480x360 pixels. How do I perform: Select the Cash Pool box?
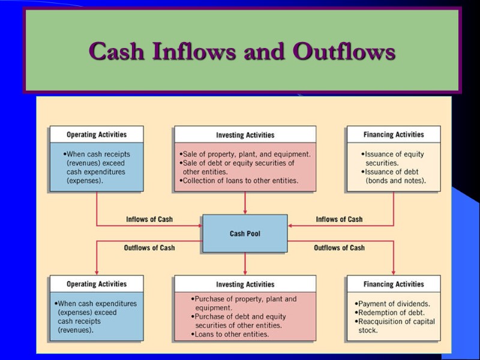(x=245, y=234)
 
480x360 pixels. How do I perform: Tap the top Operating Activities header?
(x=97, y=134)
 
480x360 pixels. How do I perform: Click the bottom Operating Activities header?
(x=97, y=284)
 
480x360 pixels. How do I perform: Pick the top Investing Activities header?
(x=245, y=135)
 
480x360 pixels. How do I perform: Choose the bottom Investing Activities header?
(x=245, y=284)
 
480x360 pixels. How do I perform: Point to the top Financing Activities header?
(x=394, y=134)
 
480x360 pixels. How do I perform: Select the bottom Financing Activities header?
(x=394, y=284)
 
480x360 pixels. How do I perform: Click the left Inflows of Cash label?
(x=149, y=220)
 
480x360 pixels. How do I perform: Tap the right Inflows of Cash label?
(x=339, y=220)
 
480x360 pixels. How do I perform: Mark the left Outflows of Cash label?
(x=149, y=248)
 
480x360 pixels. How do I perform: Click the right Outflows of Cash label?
(x=339, y=248)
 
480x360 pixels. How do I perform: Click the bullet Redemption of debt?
(x=390, y=313)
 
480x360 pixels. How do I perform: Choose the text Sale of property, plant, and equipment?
(x=246, y=154)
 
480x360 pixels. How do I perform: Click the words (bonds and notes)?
(x=395, y=181)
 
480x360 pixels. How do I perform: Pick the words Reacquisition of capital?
(x=396, y=322)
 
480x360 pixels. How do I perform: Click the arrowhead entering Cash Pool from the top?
(x=245, y=212)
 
